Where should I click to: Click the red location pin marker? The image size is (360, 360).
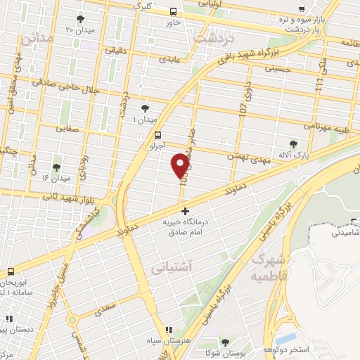click(181, 165)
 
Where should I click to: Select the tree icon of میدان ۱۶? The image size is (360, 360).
click(56, 167)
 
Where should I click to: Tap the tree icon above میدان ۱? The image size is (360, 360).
click(145, 108)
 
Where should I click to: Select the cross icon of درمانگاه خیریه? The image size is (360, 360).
click(185, 211)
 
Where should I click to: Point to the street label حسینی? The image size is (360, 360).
click(276, 69)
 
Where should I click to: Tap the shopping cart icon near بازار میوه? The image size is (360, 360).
click(301, 9)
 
